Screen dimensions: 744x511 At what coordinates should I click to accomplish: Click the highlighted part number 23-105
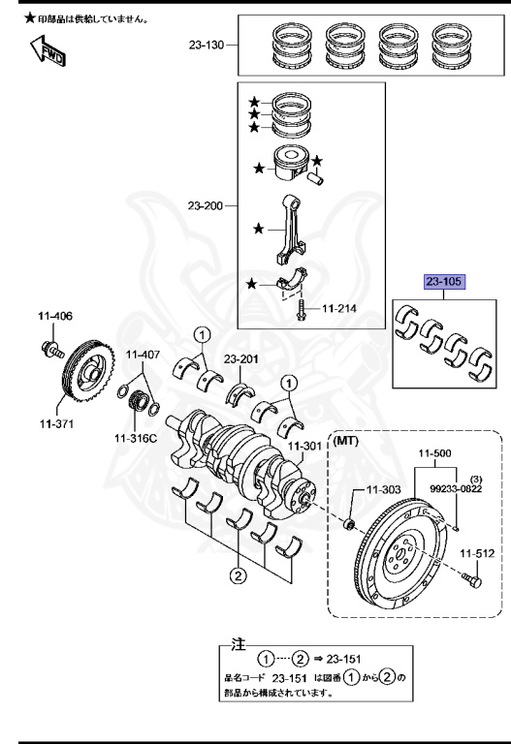(x=444, y=283)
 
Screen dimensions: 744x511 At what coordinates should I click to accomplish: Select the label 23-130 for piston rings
(x=206, y=46)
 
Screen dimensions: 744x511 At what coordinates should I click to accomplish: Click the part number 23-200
(x=206, y=204)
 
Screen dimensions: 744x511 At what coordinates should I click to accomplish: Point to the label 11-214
(x=340, y=310)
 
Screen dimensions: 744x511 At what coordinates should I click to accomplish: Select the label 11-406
(x=55, y=316)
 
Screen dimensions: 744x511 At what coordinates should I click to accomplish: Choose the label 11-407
(x=142, y=355)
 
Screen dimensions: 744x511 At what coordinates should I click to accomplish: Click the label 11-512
(x=477, y=553)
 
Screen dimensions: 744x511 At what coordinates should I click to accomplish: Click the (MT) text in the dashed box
(x=347, y=441)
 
